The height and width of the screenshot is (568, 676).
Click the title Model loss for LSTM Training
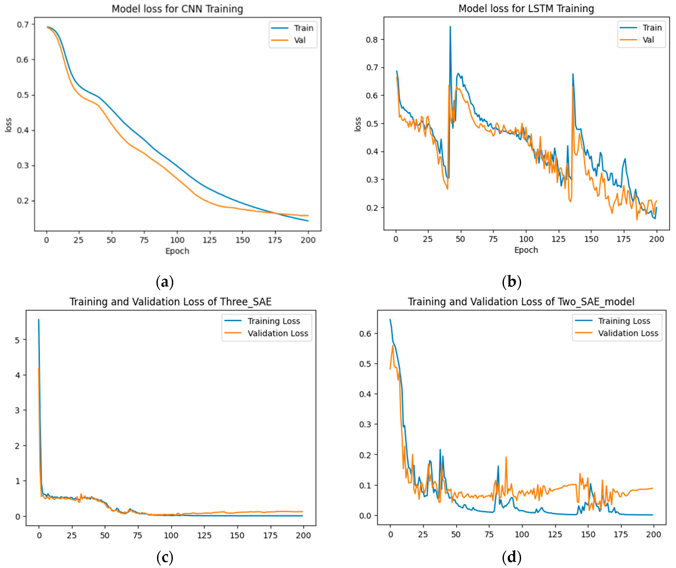click(526, 8)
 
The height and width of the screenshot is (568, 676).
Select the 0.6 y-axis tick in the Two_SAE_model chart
click(365, 333)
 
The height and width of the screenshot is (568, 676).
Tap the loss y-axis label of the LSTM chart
click(358, 124)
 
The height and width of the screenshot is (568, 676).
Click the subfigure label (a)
click(165, 282)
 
